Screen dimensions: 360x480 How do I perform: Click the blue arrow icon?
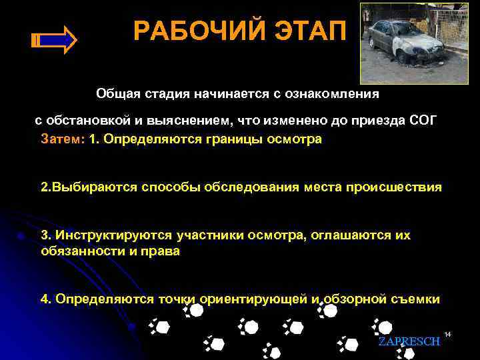(54, 40)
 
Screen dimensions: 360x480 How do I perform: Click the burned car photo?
(413, 43)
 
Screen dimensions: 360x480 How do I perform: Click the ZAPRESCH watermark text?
(409, 341)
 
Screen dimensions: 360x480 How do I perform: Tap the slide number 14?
(448, 333)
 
